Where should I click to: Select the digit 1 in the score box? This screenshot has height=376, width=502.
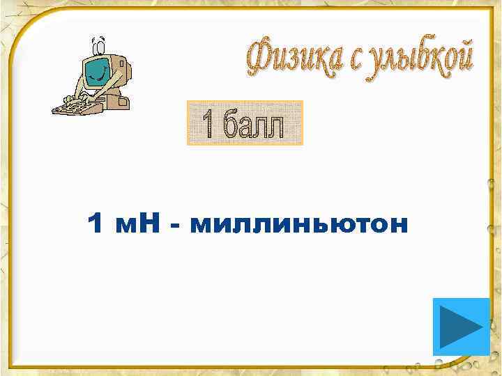pos(207,124)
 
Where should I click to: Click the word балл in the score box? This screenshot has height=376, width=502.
pos(254,124)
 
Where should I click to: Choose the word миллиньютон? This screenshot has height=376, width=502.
pos(296,224)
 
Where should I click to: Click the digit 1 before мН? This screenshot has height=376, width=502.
pos(97,224)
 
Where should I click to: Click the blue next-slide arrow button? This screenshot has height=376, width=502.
pos(461,327)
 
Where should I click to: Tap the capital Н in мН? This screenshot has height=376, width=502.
pos(148,224)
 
